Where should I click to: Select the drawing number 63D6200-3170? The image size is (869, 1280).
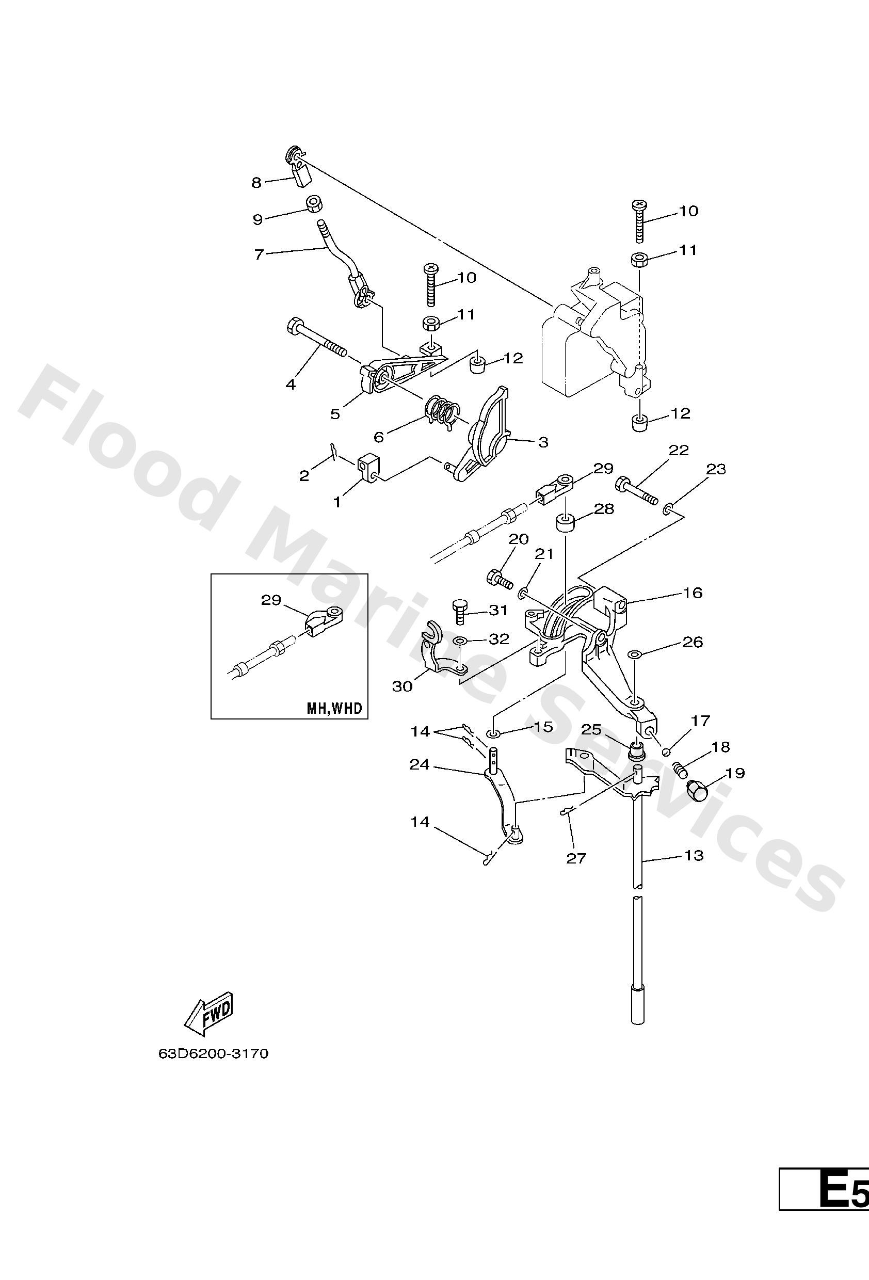(x=213, y=1053)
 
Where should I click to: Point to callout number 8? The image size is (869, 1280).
(x=256, y=182)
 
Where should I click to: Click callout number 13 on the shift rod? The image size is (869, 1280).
(x=694, y=855)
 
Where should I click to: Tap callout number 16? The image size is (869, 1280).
(x=693, y=593)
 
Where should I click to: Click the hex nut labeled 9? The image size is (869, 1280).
(x=314, y=203)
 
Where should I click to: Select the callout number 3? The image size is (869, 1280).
(x=542, y=442)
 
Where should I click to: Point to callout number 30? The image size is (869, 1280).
(x=402, y=686)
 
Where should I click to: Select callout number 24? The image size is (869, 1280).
(x=419, y=764)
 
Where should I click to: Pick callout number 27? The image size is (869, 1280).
(x=576, y=858)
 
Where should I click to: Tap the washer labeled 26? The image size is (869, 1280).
(x=634, y=654)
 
